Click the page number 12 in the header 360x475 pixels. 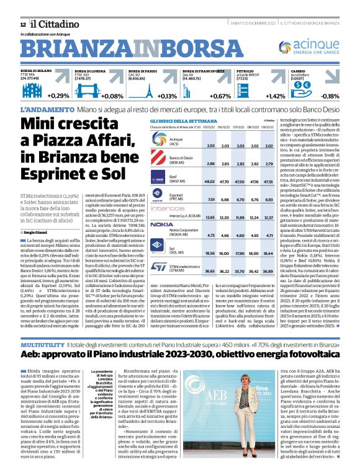(22, 24)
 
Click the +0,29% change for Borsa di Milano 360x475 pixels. (59, 96)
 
